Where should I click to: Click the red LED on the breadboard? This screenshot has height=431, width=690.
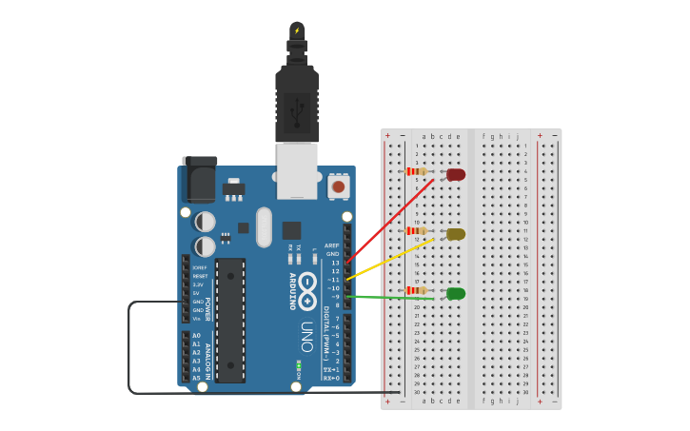457,174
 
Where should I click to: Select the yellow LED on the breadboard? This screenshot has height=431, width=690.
456,234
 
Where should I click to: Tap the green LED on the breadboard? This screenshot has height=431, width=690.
456,293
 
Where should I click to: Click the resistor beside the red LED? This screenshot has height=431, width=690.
416,172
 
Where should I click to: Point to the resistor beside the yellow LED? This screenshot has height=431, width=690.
416,231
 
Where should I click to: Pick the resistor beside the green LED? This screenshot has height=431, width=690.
416,290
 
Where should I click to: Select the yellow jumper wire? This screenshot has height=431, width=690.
390,259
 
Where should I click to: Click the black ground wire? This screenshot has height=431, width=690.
130,352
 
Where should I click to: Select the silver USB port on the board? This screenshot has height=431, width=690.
297,170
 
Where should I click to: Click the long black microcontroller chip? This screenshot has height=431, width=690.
231,320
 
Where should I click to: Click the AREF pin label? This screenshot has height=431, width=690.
332,245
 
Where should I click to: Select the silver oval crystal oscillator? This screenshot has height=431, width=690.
264,227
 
